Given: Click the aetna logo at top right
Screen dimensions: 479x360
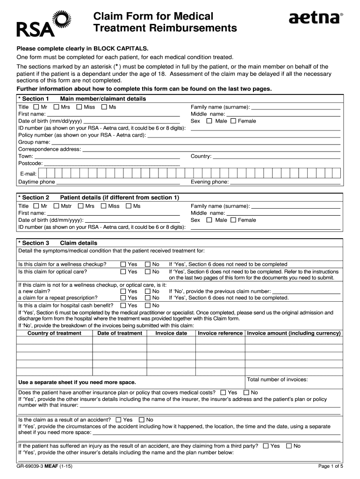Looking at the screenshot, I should click(x=316, y=18).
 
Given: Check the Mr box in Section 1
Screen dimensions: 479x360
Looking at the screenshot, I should click(x=37, y=107).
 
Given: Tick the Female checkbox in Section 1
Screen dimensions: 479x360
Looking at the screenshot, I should click(x=235, y=121).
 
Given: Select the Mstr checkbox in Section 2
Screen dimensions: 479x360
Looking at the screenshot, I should click(x=56, y=206).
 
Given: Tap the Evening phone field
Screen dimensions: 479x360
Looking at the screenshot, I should click(x=285, y=182).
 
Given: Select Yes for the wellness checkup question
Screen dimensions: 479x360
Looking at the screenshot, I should click(x=123, y=264).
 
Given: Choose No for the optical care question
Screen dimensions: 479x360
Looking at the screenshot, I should click(x=148, y=272).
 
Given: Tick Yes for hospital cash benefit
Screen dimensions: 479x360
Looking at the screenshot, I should click(x=123, y=305).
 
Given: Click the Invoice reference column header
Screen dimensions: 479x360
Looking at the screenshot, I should click(x=220, y=334).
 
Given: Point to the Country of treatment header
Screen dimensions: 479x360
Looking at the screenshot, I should click(x=54, y=334).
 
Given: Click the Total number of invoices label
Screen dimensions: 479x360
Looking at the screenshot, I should click(x=277, y=379).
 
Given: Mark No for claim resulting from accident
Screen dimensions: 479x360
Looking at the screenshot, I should click(x=142, y=420).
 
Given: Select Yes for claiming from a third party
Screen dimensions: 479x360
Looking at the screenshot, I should click(x=266, y=446).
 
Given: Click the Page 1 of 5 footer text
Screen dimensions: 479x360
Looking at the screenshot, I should click(x=331, y=466).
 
